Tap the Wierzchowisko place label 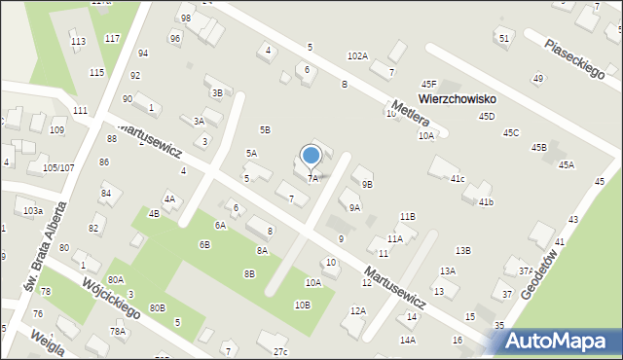(458, 99)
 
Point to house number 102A (357, 56)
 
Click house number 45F (429, 85)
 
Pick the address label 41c (457, 178)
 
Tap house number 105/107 (57, 167)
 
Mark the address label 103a (33, 210)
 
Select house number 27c (280, 350)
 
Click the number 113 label (78, 41)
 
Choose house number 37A (526, 271)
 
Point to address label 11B (407, 216)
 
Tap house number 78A (118, 331)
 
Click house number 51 (503, 38)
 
